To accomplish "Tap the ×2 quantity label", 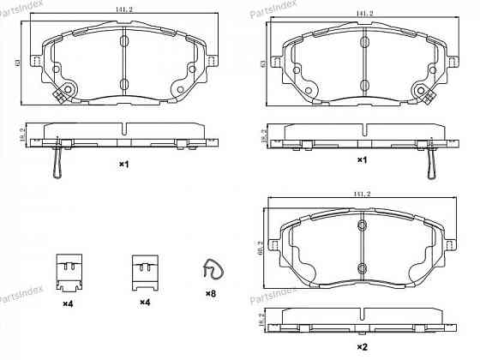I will point(362,345).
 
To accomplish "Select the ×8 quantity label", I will point(210,294).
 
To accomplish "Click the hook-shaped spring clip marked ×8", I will point(210,270).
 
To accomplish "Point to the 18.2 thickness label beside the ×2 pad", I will point(261,321).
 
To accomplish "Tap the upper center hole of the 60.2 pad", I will point(362,225).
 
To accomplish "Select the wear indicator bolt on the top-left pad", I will point(63,94).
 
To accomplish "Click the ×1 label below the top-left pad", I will point(123,163).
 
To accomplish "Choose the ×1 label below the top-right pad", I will point(362,160).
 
